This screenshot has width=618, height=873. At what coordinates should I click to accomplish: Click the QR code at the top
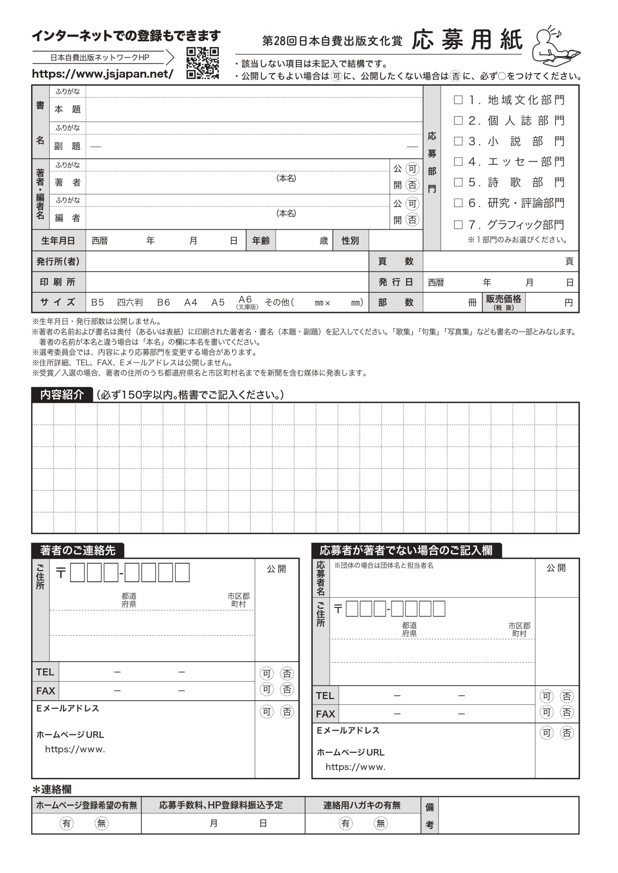click(x=202, y=63)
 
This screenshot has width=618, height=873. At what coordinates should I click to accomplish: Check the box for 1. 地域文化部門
click(x=458, y=100)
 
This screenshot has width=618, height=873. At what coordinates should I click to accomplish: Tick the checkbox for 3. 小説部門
click(x=458, y=141)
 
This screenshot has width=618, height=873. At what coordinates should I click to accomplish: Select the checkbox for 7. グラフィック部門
click(x=458, y=225)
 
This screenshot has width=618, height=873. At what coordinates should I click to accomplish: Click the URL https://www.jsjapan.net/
click(x=103, y=74)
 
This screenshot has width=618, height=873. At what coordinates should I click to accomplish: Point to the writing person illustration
click(x=556, y=46)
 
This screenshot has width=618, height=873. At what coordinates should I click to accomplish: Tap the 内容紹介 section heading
click(x=62, y=395)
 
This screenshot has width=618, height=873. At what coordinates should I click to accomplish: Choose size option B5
click(x=97, y=302)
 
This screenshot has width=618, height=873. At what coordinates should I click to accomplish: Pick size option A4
click(x=191, y=302)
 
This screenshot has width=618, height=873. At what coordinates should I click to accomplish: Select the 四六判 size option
click(x=130, y=302)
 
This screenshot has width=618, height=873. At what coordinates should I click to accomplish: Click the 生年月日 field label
click(x=58, y=241)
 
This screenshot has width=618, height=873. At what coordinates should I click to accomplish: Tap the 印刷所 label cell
click(x=58, y=282)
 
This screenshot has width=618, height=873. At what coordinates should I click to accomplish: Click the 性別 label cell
click(x=350, y=241)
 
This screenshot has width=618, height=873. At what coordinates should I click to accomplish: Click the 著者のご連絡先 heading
click(x=77, y=550)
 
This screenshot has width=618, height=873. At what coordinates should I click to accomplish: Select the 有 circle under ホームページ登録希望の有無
click(x=67, y=823)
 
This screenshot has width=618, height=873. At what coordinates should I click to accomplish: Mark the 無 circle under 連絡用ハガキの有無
click(x=380, y=823)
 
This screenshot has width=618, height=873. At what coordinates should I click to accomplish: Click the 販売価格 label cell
click(x=503, y=302)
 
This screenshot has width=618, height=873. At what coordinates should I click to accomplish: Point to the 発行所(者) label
click(x=58, y=262)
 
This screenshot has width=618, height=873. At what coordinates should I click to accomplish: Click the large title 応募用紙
click(x=467, y=40)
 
